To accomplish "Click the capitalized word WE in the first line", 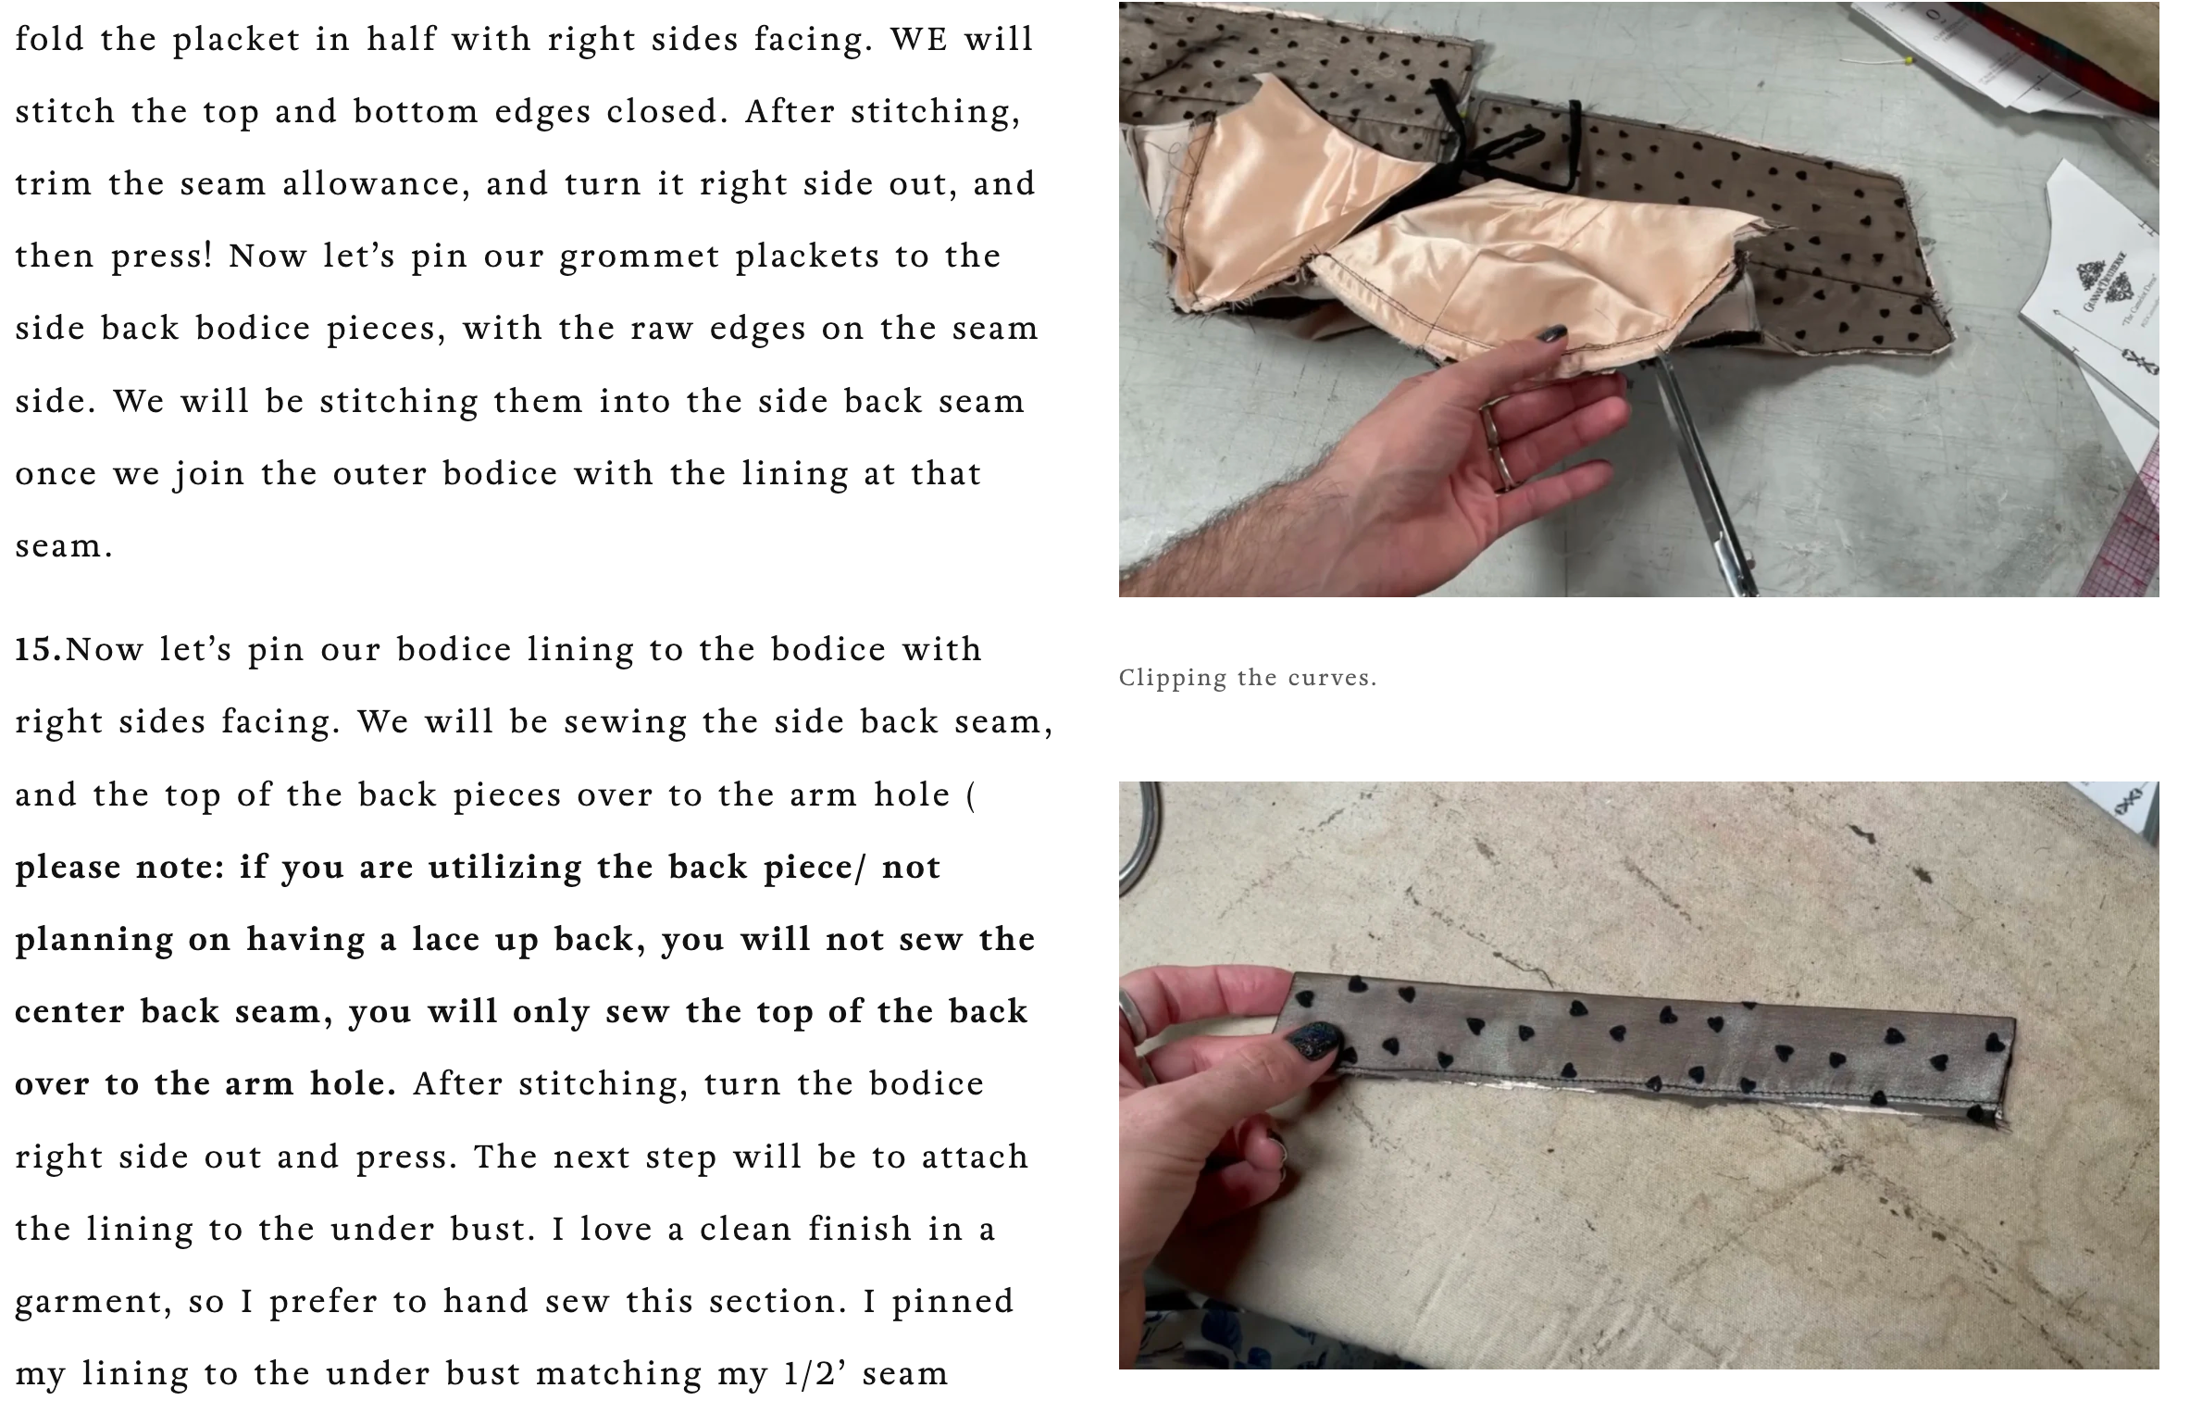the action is coord(918,39).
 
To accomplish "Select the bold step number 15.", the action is coord(38,649).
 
